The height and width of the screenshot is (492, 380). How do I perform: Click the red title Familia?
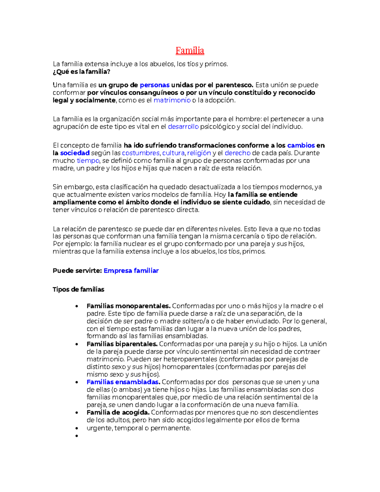(190, 51)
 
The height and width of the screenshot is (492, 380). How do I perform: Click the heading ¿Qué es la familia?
(81, 72)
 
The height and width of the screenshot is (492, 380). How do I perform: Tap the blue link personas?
(155, 85)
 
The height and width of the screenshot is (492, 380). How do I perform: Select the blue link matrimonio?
(172, 100)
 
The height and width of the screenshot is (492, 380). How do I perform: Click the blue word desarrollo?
(183, 127)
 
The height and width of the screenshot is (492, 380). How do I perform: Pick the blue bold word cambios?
(301, 145)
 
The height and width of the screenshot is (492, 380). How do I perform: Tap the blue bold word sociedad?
(75, 153)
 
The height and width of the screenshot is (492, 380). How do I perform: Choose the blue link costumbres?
(141, 153)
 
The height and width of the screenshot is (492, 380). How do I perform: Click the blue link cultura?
(173, 153)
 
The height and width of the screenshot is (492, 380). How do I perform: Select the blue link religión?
(199, 153)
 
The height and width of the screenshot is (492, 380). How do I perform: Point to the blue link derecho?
(237, 153)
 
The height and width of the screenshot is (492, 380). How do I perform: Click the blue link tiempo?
(88, 161)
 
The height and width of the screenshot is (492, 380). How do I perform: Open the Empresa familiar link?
(131, 271)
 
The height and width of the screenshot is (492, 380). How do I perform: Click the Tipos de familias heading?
(79, 289)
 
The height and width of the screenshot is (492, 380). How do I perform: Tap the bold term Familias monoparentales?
(129, 306)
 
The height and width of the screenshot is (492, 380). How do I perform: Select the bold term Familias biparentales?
(122, 344)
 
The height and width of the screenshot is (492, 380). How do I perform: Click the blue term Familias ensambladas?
(123, 382)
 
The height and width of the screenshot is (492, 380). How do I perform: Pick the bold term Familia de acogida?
(118, 412)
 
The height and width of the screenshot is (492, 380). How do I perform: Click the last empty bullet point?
(77, 436)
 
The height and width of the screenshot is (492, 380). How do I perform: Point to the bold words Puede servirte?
(77, 271)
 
